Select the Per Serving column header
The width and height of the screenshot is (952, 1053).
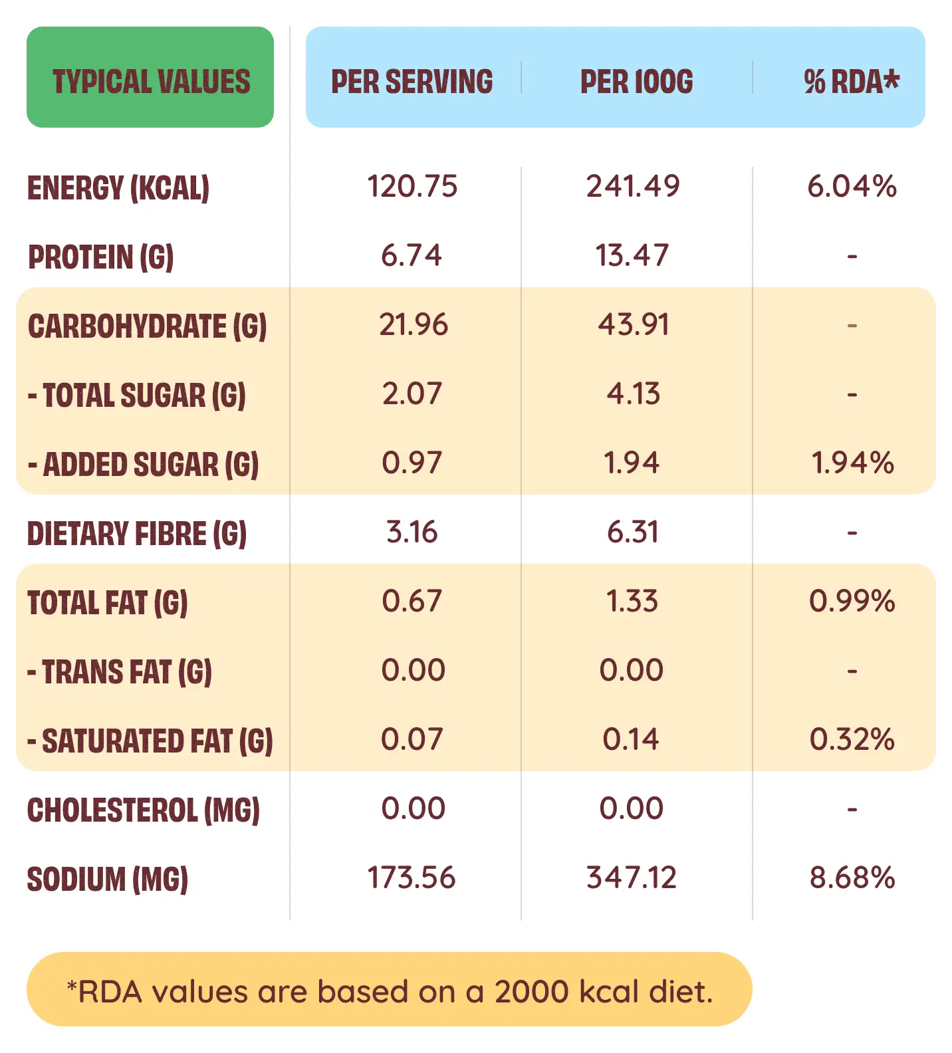click(412, 81)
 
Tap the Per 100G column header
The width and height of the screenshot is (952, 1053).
click(636, 81)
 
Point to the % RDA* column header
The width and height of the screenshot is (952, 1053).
click(851, 81)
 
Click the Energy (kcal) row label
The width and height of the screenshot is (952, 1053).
click(118, 187)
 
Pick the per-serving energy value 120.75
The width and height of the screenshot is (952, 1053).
click(412, 186)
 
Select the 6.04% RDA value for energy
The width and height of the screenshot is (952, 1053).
click(852, 186)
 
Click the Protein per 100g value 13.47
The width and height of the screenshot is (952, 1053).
click(632, 255)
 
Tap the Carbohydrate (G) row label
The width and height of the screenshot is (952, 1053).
click(147, 326)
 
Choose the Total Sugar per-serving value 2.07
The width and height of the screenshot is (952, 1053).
click(412, 394)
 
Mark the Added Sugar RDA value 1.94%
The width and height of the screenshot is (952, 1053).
click(852, 463)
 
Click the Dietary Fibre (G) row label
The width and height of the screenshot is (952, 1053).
click(137, 533)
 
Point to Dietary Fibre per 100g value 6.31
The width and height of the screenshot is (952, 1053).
click(632, 532)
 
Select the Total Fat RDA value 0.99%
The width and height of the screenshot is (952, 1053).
click(852, 601)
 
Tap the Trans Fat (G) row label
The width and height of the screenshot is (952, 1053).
click(120, 671)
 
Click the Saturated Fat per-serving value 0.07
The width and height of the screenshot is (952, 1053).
click(412, 739)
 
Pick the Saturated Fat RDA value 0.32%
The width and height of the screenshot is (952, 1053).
click(852, 739)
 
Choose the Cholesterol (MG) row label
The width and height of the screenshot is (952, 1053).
click(143, 810)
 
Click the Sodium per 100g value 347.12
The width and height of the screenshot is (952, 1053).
click(632, 877)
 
